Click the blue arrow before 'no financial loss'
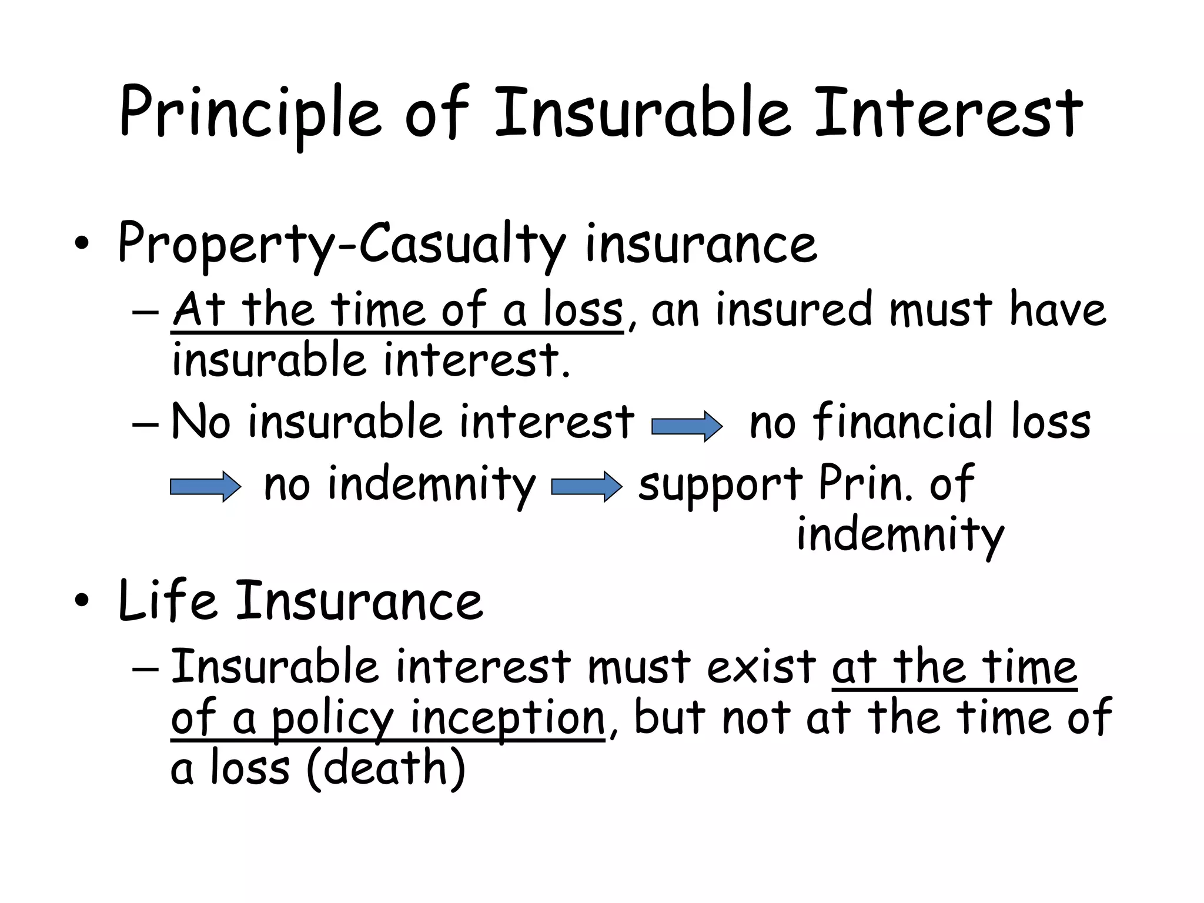687,426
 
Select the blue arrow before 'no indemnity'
205,487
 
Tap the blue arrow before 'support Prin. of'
586,487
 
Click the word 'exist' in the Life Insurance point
761,667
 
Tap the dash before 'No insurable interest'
145,423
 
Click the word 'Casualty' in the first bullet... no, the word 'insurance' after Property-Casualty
701,243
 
